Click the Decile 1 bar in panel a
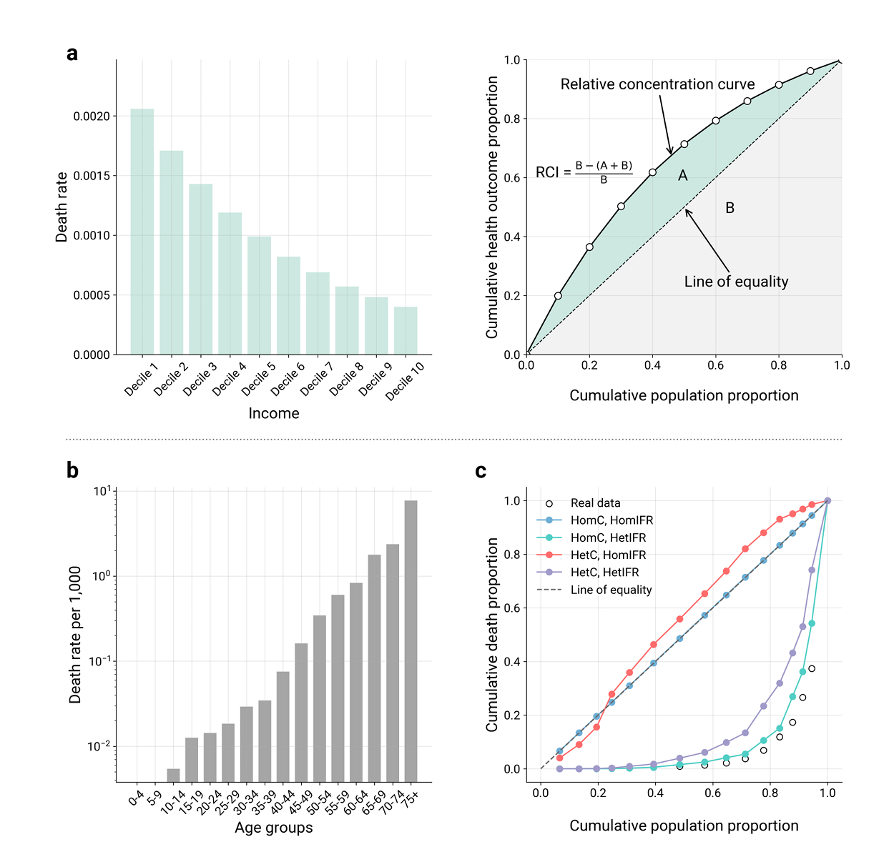click(x=142, y=232)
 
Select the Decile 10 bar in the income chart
click(x=406, y=331)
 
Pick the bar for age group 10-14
click(x=173, y=776)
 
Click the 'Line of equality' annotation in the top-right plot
click(x=736, y=282)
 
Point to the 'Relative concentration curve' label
click(x=657, y=84)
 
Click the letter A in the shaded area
click(x=683, y=176)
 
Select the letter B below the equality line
click(x=730, y=208)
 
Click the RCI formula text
click(x=584, y=172)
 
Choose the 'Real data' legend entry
click(x=595, y=503)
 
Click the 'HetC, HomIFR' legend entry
click(x=608, y=555)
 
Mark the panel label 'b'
click(x=72, y=470)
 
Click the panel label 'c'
click(x=481, y=471)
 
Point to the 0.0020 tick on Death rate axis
click(x=92, y=117)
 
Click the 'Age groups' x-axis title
click(x=274, y=828)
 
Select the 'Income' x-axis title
click(x=274, y=413)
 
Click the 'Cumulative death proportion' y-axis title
click(x=492, y=635)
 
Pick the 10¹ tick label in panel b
click(x=102, y=492)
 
